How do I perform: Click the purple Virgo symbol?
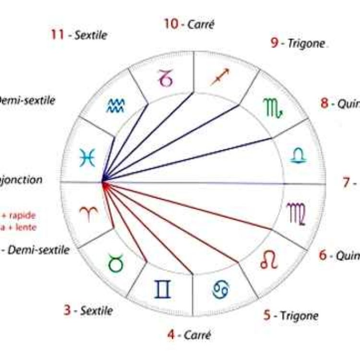296,213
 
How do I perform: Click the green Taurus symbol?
115,264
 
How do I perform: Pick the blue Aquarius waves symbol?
116,105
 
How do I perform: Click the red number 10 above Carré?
171,23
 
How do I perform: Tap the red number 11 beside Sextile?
58,34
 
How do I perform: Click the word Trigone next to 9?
306,44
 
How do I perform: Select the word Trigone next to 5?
299,315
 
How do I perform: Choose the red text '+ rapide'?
19,215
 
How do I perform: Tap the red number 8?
324,103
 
